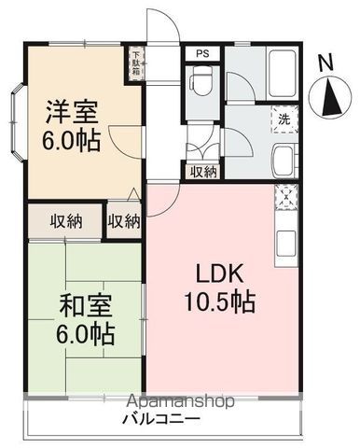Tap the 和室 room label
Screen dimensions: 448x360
pyautogui.click(x=65, y=305)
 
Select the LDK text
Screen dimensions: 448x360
pyautogui.click(x=219, y=275)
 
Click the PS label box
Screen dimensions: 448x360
pyautogui.click(x=202, y=54)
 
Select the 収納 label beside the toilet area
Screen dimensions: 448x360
pyautogui.click(x=204, y=171)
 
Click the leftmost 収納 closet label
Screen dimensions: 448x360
pyautogui.click(x=66, y=221)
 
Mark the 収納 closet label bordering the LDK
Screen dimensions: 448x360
pyautogui.click(x=124, y=221)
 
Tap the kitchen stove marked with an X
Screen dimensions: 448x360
pyautogui.click(x=285, y=198)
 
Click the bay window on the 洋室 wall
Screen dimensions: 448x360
pyautogui.click(x=18, y=119)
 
